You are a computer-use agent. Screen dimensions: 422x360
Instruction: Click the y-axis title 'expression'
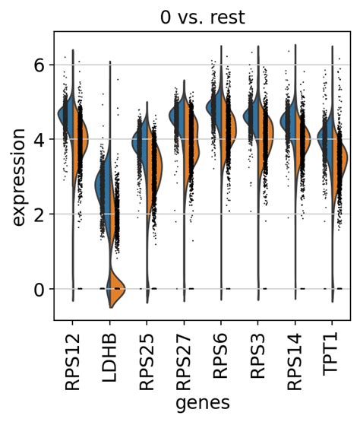click(x=18, y=176)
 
